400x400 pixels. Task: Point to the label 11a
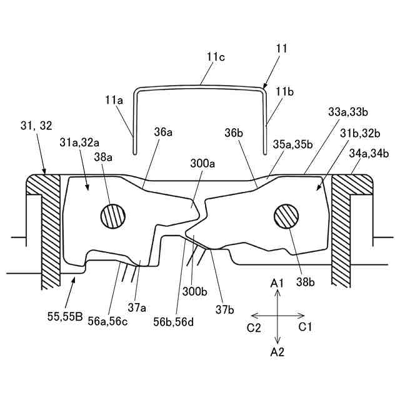(115, 99)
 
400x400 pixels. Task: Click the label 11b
(285, 92)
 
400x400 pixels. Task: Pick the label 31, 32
(36, 126)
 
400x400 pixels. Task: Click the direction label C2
(254, 327)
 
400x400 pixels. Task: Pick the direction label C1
(305, 327)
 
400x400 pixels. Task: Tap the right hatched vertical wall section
(344, 231)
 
